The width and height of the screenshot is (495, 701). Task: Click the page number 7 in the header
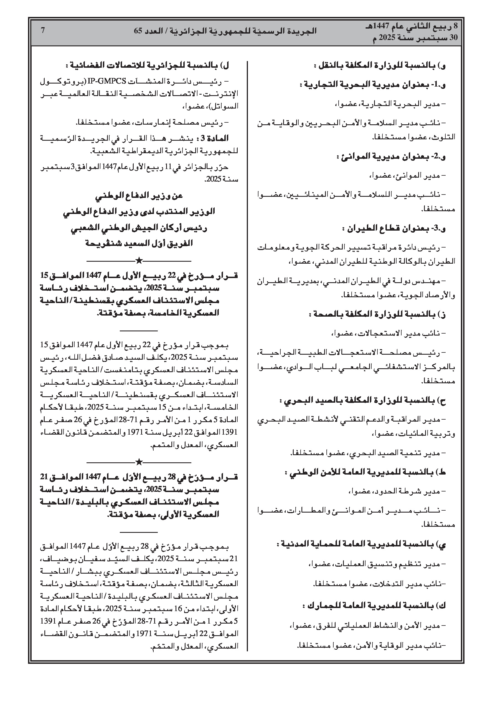tap(43, 31)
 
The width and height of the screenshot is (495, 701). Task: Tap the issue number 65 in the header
tap(139, 31)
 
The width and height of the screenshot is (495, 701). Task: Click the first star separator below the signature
tap(139, 261)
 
